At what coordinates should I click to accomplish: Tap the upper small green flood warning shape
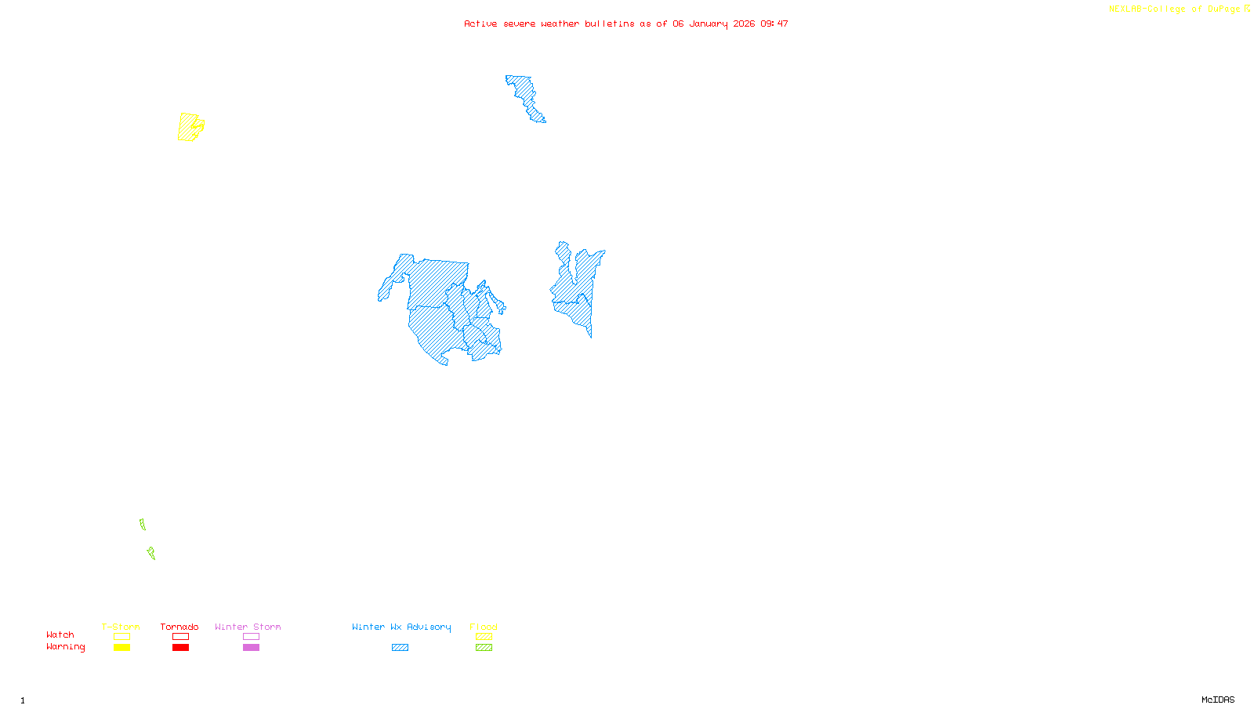tap(143, 524)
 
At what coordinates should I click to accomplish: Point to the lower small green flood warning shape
tap(151, 553)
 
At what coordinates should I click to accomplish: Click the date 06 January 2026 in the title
tap(713, 24)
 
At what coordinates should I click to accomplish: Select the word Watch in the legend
tap(60, 635)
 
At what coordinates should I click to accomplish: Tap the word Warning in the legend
tap(66, 647)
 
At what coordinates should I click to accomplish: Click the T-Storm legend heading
tap(121, 627)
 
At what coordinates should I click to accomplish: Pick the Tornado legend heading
tap(179, 627)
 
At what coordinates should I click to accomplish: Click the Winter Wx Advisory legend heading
tap(401, 627)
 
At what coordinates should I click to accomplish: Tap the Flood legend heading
tap(484, 627)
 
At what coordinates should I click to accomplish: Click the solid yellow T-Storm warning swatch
tap(121, 648)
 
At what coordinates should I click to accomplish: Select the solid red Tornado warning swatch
tap(181, 648)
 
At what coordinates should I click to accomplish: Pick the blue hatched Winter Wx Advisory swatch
tap(400, 648)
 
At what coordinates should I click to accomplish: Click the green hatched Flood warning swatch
tap(484, 648)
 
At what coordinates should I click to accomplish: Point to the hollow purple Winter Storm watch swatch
tap(251, 637)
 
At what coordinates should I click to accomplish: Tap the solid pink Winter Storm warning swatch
tap(251, 648)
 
